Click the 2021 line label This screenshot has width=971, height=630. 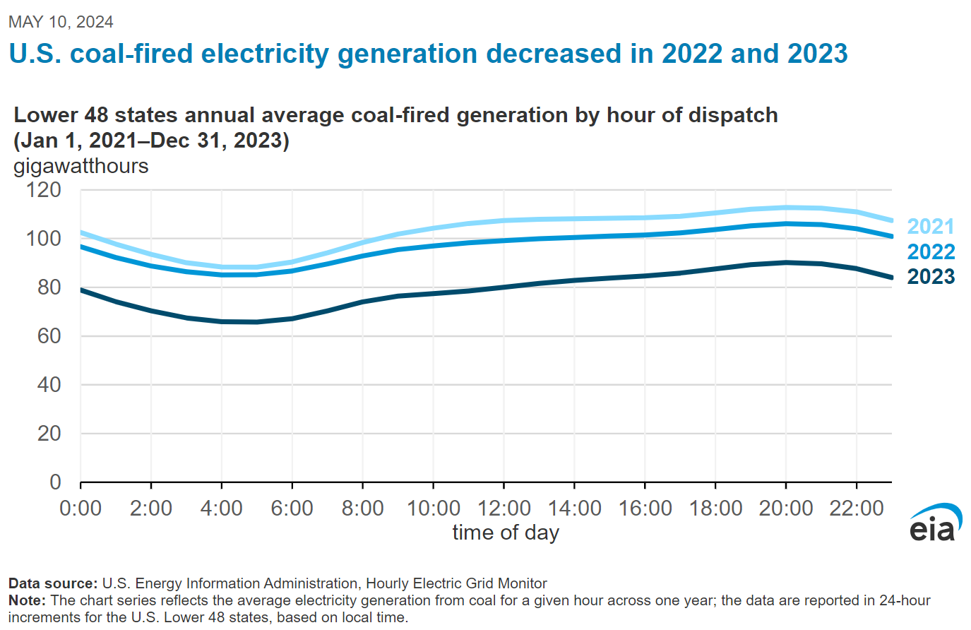pyautogui.click(x=930, y=227)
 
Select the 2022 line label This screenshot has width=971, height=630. pyautogui.click(x=930, y=252)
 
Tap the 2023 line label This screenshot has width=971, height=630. pyautogui.click(x=930, y=277)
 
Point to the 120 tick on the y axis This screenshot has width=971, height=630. pyautogui.click(x=44, y=190)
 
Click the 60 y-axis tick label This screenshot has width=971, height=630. pyautogui.click(x=49, y=336)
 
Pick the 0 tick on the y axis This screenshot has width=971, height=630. pyautogui.click(x=55, y=482)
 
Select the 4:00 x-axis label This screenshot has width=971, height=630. pyautogui.click(x=222, y=509)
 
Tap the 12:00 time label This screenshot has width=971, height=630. pyautogui.click(x=504, y=509)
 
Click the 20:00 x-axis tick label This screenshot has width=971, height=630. pyautogui.click(x=785, y=509)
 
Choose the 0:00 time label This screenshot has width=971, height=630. pyautogui.click(x=81, y=509)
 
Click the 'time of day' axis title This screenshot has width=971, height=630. pyautogui.click(x=506, y=533)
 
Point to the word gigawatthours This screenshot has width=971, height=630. pyautogui.click(x=81, y=166)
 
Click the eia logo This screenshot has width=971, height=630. pyautogui.click(x=936, y=523)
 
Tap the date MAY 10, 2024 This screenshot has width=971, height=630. pyautogui.click(x=61, y=22)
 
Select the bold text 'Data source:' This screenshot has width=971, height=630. pyautogui.click(x=53, y=583)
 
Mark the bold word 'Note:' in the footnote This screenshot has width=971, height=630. pyautogui.click(x=27, y=600)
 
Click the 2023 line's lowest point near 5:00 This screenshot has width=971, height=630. pyautogui.click(x=257, y=322)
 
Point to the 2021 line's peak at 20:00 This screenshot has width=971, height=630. pyautogui.click(x=785, y=208)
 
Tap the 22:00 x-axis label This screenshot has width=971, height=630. pyautogui.click(x=856, y=509)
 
